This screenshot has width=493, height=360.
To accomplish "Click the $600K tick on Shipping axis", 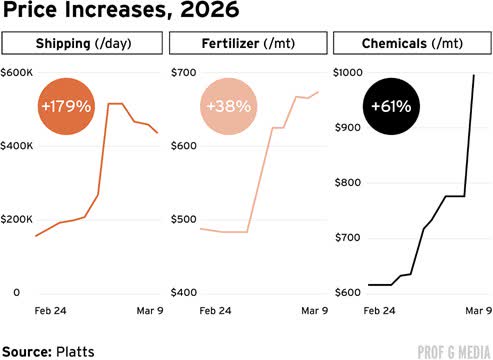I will tap(18, 73).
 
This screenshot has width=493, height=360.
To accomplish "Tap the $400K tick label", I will tap(18, 146).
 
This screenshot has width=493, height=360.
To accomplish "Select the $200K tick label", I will tap(18, 219).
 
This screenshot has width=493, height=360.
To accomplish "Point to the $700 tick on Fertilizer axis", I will tap(185, 73).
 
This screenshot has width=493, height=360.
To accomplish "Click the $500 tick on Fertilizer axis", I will tap(185, 219).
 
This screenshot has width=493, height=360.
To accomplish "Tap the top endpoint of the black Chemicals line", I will tap(474, 75).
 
